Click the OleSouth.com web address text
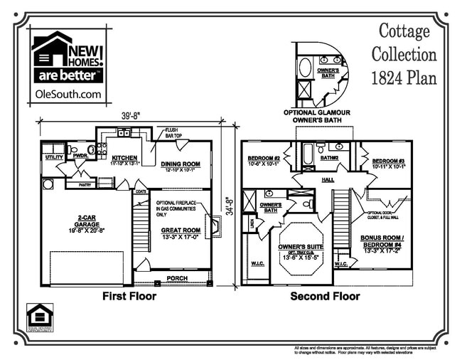[x=68, y=93]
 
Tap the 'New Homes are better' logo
[x=68, y=60]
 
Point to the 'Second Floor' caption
[x=325, y=296]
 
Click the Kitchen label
[x=124, y=159]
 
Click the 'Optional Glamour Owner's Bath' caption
[x=318, y=117]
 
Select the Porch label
[x=176, y=277]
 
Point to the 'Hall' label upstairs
[x=328, y=180]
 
